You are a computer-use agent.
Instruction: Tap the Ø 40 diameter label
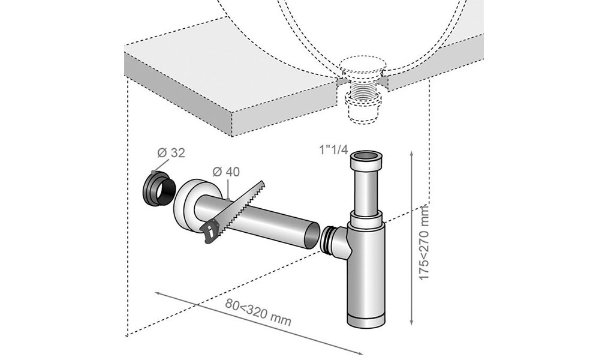[226, 172]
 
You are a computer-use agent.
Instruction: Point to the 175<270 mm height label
[426, 240]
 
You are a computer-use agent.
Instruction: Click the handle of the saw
[210, 232]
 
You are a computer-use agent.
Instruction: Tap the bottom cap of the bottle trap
[366, 319]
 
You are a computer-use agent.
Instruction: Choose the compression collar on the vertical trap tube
[366, 219]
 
